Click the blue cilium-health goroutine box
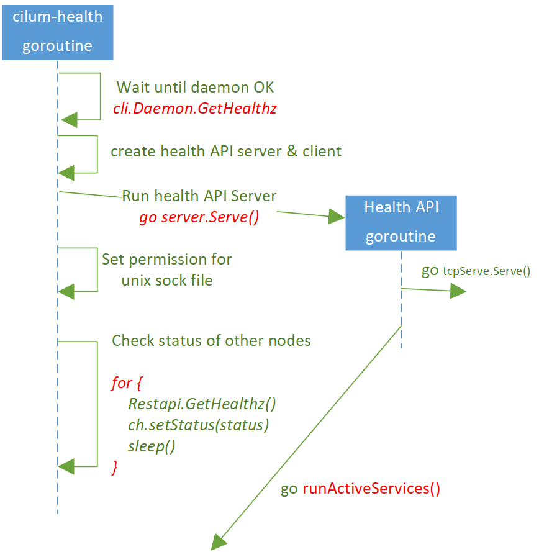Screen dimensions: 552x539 (x=57, y=31)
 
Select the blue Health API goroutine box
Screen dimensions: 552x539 (x=401, y=222)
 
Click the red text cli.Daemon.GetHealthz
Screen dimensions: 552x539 (x=194, y=108)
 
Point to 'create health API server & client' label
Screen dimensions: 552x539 (x=226, y=152)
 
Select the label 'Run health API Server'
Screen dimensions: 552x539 (x=199, y=196)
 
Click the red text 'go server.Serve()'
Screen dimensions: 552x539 (x=198, y=217)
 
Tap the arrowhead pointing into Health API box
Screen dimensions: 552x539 (x=337, y=216)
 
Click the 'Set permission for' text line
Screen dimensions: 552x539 (x=166, y=259)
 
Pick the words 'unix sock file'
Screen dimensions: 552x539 (x=167, y=280)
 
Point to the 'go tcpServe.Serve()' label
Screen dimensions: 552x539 (x=476, y=271)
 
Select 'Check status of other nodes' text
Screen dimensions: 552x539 (x=211, y=341)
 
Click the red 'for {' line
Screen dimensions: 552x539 (x=122, y=382)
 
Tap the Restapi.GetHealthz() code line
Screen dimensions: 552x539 (x=202, y=404)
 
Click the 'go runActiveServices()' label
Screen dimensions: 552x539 (x=360, y=489)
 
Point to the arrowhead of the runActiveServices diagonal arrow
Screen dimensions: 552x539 (x=218, y=541)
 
